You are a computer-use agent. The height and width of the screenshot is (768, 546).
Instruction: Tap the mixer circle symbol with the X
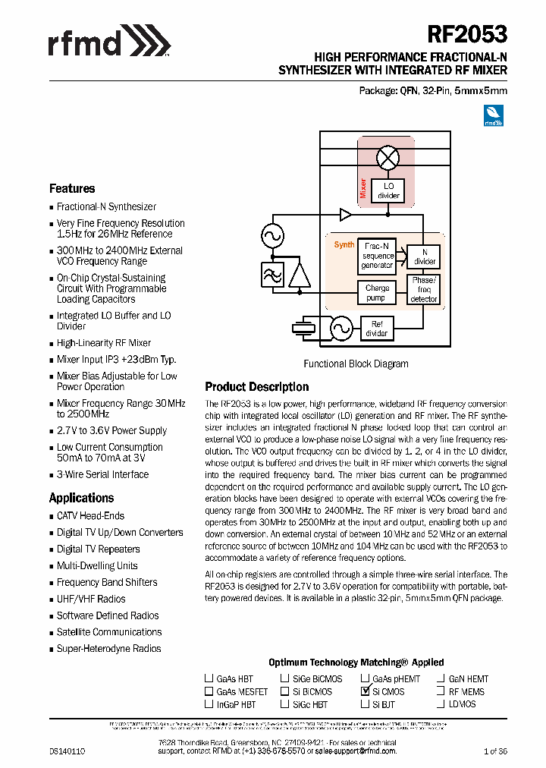click(389, 158)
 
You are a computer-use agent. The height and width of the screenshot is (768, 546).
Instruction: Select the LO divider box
click(389, 190)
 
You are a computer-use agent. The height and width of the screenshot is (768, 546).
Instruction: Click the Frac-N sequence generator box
click(378, 256)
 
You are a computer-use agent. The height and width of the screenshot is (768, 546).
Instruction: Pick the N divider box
click(424, 257)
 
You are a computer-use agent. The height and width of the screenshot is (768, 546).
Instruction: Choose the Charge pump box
click(377, 292)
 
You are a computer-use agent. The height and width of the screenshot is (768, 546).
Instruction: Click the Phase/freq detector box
click(424, 289)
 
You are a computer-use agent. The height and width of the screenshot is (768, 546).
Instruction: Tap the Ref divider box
click(377, 329)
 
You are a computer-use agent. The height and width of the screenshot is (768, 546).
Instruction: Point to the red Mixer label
click(363, 187)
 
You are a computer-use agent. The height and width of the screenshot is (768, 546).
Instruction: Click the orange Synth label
click(344, 244)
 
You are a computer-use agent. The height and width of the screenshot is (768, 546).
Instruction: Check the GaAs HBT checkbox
click(209, 678)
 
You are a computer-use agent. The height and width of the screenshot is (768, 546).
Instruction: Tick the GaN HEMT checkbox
click(440, 678)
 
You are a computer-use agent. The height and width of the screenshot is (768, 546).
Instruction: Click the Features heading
click(72, 188)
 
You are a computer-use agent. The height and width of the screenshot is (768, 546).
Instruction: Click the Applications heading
click(81, 498)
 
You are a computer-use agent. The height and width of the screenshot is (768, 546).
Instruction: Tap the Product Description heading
click(257, 386)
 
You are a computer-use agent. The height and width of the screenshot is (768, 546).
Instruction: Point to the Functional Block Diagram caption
click(356, 364)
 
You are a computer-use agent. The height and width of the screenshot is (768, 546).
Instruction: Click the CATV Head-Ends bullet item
click(90, 516)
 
